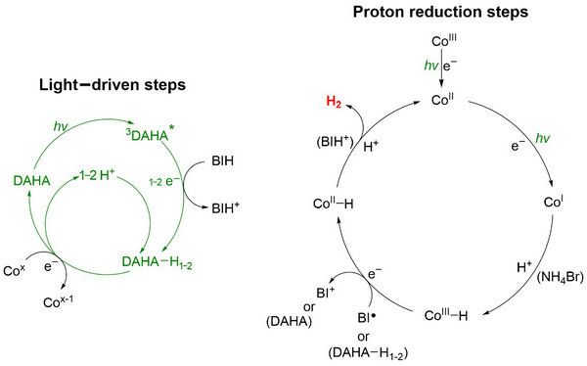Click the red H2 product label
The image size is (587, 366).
[x=334, y=102]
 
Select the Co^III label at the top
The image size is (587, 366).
[x=444, y=40]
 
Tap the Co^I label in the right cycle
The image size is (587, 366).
[x=554, y=202]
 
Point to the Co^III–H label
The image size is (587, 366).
[x=446, y=315]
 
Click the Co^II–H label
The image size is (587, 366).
[x=333, y=203]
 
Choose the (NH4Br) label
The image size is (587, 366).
[x=560, y=278]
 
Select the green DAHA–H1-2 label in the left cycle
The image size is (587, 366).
[x=157, y=262]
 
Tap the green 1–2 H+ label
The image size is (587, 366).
[x=97, y=174]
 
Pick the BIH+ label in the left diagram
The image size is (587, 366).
[x=225, y=207]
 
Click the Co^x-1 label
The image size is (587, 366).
[x=58, y=301]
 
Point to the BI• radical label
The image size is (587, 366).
[x=367, y=318]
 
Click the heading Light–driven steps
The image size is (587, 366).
[x=113, y=85]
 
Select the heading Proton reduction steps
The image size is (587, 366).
[x=440, y=12]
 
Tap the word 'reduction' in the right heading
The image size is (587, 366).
[x=445, y=12]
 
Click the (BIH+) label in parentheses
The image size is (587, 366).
[x=335, y=142]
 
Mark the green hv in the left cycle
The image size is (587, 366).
[x=61, y=126]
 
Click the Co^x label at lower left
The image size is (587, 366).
[x=14, y=270]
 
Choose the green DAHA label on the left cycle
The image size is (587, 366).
[x=31, y=181]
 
